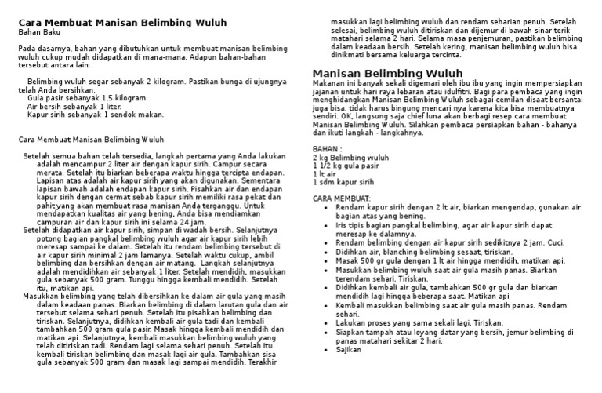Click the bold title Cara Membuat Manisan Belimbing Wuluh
click(122, 23)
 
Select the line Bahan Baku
click(38, 33)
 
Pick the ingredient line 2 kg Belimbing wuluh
click(350, 158)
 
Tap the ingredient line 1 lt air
click(324, 174)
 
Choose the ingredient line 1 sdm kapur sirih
click(343, 182)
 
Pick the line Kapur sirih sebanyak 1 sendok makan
click(96, 115)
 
